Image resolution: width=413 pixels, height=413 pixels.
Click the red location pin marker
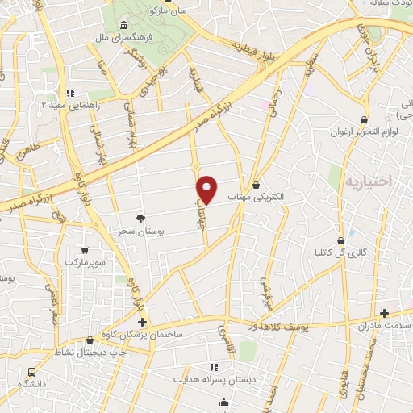(x=207, y=190)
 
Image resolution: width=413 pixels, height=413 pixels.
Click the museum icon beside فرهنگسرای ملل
(x=123, y=25)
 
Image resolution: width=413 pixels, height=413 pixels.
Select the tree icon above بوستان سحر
(x=141, y=218)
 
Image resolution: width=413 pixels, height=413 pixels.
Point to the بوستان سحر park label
(x=141, y=231)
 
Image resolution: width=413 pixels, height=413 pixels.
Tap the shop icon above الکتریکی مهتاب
(x=256, y=185)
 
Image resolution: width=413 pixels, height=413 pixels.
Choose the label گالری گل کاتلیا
(x=340, y=252)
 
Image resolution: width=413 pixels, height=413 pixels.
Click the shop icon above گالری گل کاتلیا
(x=341, y=240)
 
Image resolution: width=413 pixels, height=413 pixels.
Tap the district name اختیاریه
(x=368, y=181)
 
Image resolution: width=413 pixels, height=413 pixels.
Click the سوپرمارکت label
(x=86, y=263)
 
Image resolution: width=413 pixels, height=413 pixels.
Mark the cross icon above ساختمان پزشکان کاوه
(x=142, y=321)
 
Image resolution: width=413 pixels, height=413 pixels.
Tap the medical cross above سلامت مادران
(x=384, y=312)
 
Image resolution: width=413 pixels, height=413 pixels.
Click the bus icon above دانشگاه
(x=31, y=372)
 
